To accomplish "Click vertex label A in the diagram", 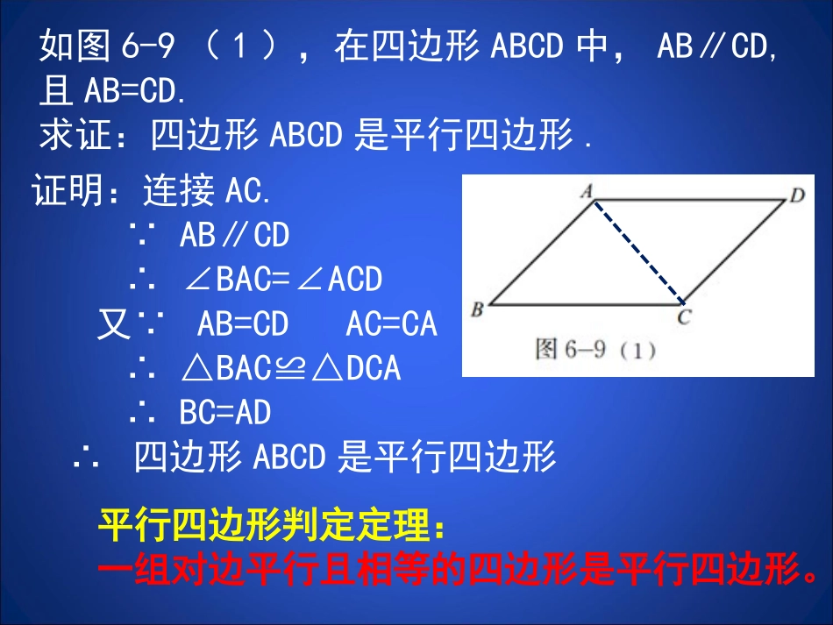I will [x=587, y=190].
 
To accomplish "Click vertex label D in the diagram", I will [x=796, y=195].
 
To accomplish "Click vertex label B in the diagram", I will [x=478, y=309].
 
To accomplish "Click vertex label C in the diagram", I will [x=684, y=317].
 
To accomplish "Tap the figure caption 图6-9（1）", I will [x=595, y=350].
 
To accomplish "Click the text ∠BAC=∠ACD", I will [x=283, y=279].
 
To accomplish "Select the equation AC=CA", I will [x=391, y=324].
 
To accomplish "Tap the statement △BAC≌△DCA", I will [x=290, y=368].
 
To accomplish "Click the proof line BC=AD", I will [x=225, y=412].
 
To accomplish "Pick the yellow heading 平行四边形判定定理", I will [x=272, y=525].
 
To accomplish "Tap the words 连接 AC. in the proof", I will [x=207, y=190].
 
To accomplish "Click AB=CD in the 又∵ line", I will [x=243, y=324].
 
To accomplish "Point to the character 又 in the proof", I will [x=113, y=325].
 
